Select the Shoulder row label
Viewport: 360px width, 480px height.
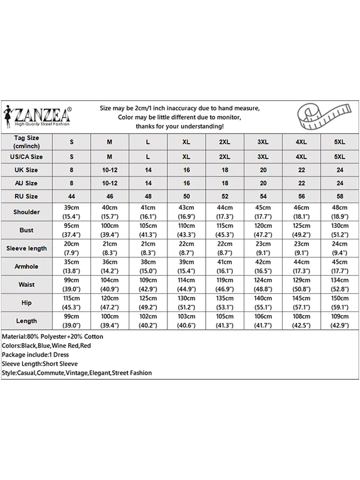26,212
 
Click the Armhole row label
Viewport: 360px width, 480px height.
26,266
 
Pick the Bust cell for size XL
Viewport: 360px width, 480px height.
186,230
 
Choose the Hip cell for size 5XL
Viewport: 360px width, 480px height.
339,302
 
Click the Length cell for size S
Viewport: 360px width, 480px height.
72,321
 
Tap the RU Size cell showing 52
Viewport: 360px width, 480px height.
225,196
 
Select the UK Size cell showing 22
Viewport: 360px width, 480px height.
301,170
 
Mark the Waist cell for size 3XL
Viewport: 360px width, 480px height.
263,284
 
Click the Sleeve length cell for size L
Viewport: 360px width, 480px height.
148,248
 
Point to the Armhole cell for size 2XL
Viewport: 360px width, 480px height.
225,266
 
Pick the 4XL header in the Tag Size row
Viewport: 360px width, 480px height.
301,142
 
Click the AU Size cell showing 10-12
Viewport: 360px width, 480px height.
109,183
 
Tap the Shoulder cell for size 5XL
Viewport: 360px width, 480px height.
339,212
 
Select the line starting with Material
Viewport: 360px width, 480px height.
52,336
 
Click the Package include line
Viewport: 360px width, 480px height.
36,355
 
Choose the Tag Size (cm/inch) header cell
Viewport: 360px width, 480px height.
26,142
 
